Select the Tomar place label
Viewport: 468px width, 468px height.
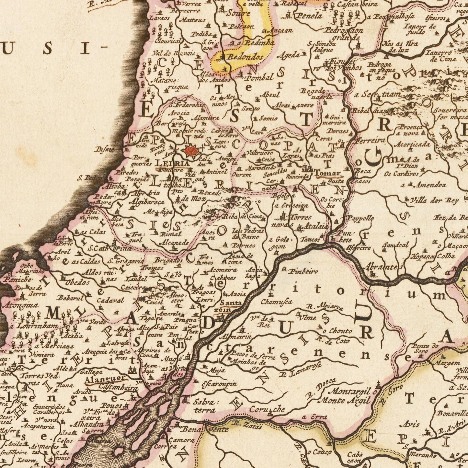[x=327, y=173]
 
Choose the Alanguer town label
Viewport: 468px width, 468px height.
[x=105, y=379]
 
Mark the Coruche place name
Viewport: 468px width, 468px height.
[x=267, y=410]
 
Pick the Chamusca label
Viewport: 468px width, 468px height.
[x=277, y=302]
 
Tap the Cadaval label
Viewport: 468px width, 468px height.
[x=110, y=301]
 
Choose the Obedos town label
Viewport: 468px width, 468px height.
[x=77, y=282]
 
